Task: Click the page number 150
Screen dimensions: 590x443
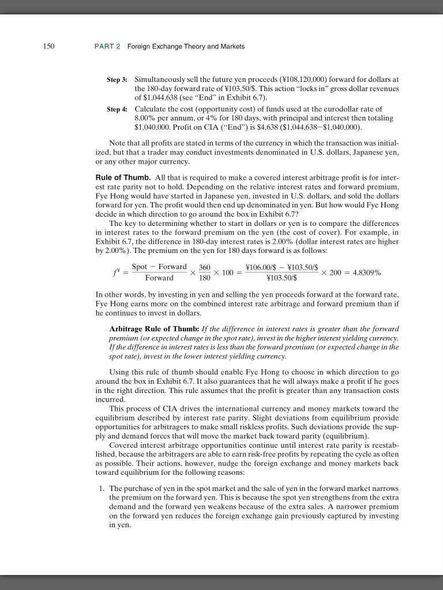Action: tap(48, 46)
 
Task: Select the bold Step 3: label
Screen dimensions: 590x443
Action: tap(118, 78)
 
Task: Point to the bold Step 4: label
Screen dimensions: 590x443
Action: tap(118, 109)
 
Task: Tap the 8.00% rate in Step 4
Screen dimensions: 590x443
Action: tap(146, 118)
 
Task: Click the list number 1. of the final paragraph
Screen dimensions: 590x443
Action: tap(102, 489)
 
